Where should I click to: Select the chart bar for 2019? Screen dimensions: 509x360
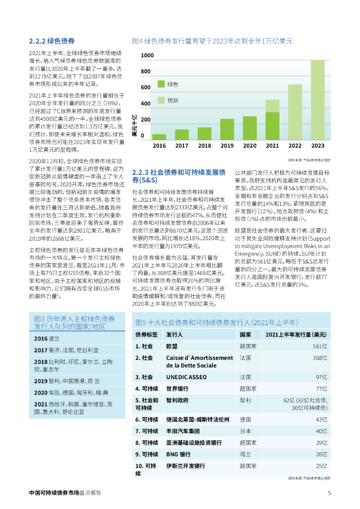click(x=227, y=129)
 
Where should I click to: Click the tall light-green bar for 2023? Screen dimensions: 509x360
click(x=317, y=99)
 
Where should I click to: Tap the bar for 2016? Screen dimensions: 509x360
click(x=159, y=137)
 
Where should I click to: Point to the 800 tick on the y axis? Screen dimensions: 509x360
click(x=146, y=72)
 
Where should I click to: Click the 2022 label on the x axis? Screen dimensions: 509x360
click(x=295, y=146)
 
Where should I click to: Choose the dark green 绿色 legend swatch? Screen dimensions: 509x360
click(x=161, y=84)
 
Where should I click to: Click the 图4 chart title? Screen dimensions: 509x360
click(x=212, y=41)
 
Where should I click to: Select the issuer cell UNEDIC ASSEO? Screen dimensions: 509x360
click(x=186, y=377)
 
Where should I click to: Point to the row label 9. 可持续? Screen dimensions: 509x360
click(x=147, y=454)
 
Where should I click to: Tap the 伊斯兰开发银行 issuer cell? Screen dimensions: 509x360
click(x=185, y=466)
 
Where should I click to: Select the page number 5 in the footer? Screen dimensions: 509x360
click(x=329, y=493)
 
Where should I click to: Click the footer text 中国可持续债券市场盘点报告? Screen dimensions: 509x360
click(x=65, y=493)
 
